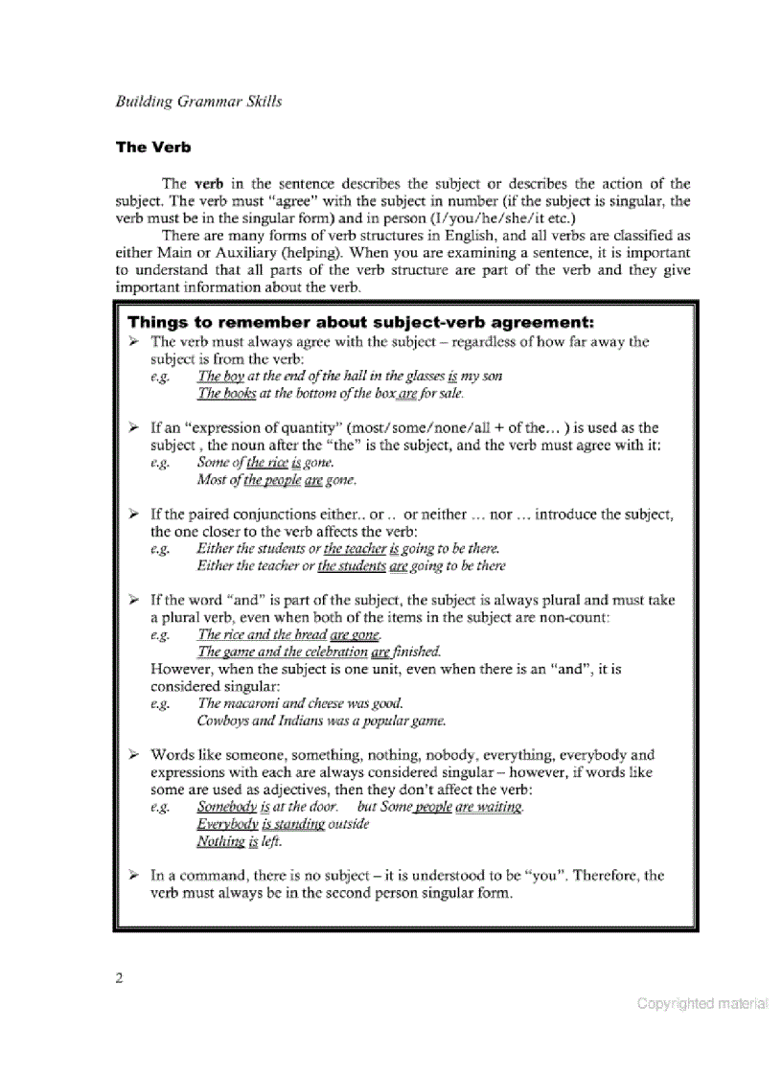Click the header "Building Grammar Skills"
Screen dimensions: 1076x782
tap(198, 101)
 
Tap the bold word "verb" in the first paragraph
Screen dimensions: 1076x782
tap(208, 183)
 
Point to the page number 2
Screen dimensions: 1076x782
tap(119, 978)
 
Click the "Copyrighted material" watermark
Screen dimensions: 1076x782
tap(702, 1004)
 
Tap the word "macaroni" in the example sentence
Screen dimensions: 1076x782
tap(254, 703)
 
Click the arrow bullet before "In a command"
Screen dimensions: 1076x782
tap(135, 876)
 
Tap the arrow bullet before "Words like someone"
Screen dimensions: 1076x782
tap(135, 755)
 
